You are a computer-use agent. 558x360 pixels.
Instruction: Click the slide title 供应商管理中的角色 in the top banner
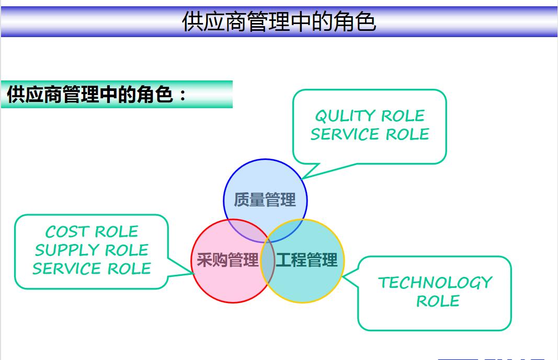click(279, 22)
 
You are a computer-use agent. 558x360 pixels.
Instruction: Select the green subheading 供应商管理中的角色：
click(97, 95)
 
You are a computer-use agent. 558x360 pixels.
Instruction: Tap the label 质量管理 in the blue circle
click(265, 200)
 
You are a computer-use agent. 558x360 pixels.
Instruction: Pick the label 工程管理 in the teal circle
click(307, 260)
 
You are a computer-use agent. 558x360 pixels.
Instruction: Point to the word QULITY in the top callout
click(345, 115)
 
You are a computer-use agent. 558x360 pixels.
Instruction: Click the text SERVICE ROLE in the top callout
click(369, 134)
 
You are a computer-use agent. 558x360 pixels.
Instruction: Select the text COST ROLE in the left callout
click(92, 231)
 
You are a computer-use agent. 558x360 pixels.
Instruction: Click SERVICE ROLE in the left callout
click(92, 269)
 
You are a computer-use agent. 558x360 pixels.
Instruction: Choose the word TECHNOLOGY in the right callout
click(435, 283)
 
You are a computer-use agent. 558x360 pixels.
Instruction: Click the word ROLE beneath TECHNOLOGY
click(438, 301)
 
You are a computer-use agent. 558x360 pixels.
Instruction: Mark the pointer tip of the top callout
click(302, 179)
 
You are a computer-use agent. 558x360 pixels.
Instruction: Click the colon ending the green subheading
click(182, 96)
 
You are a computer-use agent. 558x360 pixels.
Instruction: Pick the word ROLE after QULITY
click(403, 115)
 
